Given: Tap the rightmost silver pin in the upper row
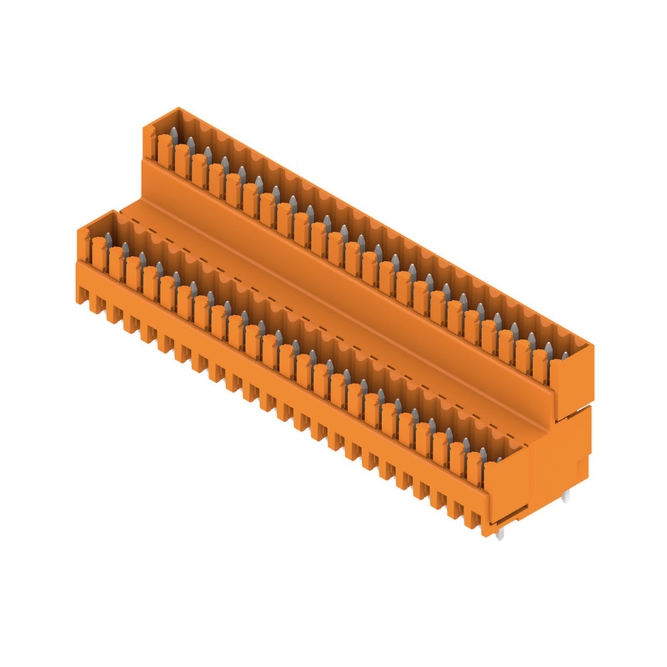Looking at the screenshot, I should [549, 349].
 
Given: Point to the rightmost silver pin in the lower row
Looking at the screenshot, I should [482, 456].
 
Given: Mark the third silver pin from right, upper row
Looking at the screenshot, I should [515, 329].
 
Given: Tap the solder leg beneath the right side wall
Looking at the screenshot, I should [565, 496].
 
